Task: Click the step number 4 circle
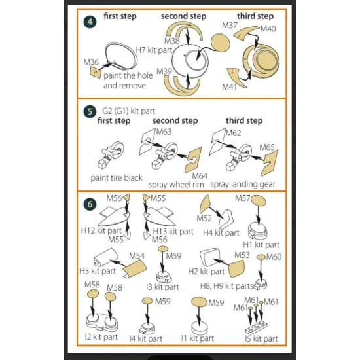[x=90, y=22]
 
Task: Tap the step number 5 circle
[x=90, y=111]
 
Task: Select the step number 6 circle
[x=90, y=204]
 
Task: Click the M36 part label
[x=91, y=62]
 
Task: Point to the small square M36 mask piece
[x=96, y=72]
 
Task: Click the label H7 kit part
[x=154, y=50]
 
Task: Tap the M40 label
[x=268, y=29]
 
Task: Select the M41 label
[x=229, y=87]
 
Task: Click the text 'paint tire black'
[x=117, y=178]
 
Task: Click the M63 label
[x=164, y=132]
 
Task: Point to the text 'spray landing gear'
[x=243, y=184]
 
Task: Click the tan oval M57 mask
[x=259, y=200]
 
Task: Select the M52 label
[x=204, y=218]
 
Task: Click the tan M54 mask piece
[x=135, y=268]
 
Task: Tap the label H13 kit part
[x=173, y=232]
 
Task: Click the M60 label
[x=274, y=257]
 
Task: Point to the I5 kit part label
[x=261, y=339]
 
